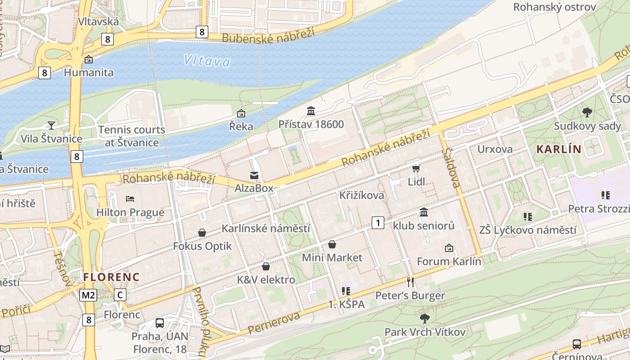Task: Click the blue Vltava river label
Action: click(207, 61)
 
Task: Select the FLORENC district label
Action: click(111, 277)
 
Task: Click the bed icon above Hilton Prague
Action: click(130, 198)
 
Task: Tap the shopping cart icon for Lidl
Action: click(416, 168)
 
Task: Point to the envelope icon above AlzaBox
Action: click(254, 175)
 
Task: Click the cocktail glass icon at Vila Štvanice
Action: click(51, 125)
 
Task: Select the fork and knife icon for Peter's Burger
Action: click(410, 282)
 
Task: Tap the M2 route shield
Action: click(88, 295)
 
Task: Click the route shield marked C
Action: click(120, 295)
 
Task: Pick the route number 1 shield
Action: click(378, 222)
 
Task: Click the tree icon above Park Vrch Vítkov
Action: click(424, 319)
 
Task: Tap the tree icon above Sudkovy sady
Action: click(587, 112)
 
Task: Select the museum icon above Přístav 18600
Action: click(311, 111)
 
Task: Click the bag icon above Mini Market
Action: click(332, 244)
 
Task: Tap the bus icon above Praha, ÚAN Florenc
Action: click(160, 323)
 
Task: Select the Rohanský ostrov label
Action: click(554, 7)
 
